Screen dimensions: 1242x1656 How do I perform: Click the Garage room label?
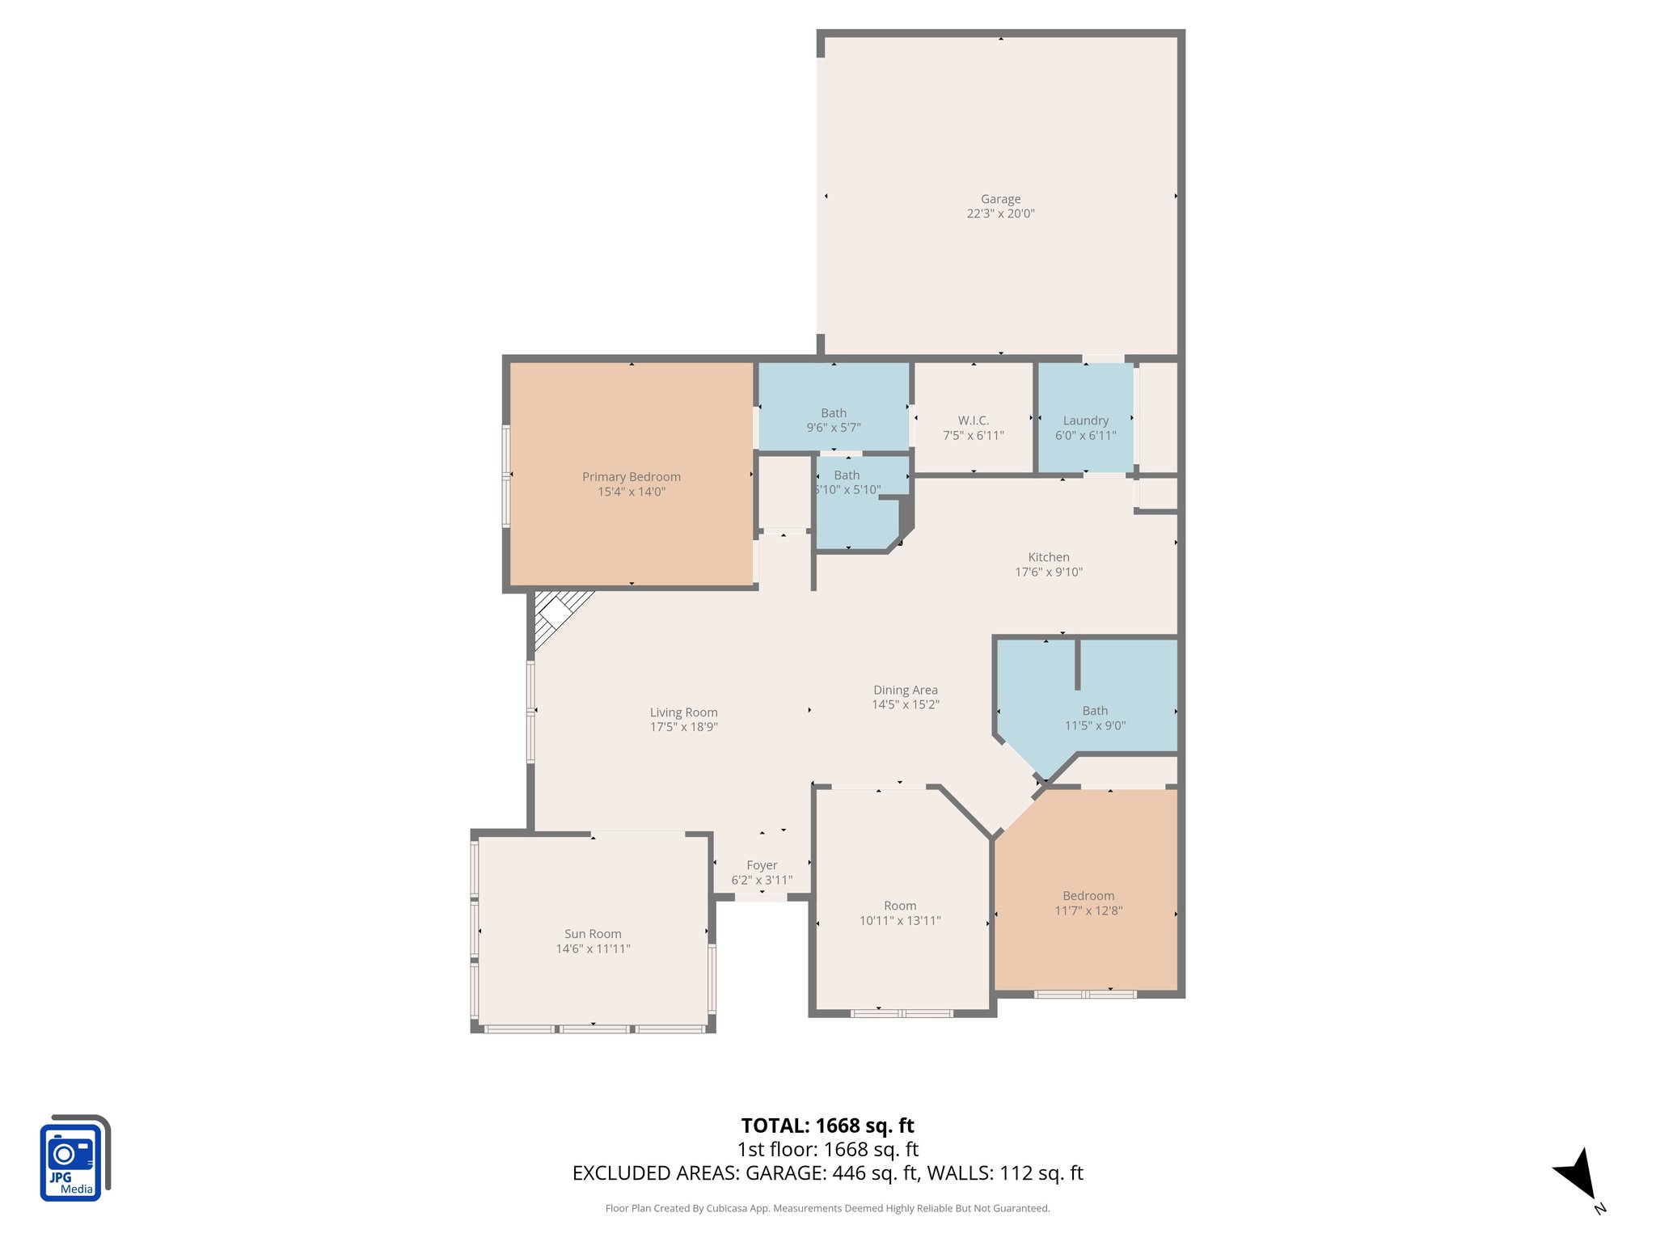point(1000,199)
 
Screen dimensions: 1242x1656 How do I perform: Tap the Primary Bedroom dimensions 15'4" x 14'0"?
point(631,492)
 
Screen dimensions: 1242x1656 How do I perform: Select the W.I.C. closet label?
point(973,420)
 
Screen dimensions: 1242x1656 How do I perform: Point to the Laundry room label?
point(1085,420)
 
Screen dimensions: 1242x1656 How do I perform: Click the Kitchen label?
point(1048,557)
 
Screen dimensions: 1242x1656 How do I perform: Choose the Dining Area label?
point(905,690)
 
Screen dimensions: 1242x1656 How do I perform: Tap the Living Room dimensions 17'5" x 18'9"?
point(683,727)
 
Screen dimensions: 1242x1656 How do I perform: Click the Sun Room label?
point(593,934)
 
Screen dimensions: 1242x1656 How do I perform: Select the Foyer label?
point(762,865)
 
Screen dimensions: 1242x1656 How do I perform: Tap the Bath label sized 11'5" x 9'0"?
point(1095,711)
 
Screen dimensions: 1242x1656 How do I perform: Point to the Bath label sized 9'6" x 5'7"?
point(834,413)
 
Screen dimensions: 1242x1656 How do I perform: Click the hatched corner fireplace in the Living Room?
point(556,613)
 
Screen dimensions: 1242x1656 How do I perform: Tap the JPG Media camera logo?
point(73,1159)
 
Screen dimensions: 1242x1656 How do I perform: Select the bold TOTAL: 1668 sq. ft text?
point(827,1126)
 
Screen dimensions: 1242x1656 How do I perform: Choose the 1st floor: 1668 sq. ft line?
point(827,1149)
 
